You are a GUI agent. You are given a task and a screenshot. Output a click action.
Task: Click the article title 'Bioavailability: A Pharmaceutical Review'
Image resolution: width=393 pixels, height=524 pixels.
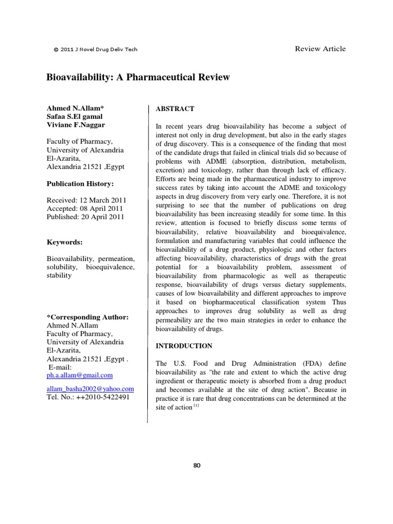tap(138, 77)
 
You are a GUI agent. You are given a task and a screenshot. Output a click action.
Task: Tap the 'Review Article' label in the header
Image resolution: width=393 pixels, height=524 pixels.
tap(320, 49)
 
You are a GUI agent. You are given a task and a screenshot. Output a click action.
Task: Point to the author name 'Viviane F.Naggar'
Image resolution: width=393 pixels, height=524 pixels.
tap(77, 125)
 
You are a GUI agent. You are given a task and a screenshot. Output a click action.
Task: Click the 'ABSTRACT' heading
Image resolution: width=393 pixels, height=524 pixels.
tap(175, 108)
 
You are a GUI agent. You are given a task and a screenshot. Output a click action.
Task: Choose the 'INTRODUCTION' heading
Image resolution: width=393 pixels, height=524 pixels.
tap(184, 346)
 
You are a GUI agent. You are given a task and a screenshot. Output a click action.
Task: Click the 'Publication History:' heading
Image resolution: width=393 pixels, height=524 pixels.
tap(80, 183)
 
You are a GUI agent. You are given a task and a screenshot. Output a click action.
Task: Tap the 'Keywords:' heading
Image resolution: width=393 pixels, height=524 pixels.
tap(65, 242)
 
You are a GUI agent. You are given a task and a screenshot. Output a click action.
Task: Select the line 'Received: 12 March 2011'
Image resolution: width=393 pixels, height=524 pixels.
tap(86, 200)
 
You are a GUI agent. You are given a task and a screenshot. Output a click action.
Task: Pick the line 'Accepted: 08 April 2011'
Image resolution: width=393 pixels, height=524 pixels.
tap(85, 208)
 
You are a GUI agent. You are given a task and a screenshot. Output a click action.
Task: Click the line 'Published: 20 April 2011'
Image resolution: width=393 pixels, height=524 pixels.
tap(86, 217)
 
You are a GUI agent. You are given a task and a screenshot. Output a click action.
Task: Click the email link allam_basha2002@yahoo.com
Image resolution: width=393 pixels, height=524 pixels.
tap(91, 389)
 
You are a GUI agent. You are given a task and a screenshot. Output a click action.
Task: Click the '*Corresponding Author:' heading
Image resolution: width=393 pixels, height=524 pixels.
tap(88, 317)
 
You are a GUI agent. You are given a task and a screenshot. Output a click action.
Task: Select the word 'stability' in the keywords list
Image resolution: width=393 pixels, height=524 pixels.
tap(59, 275)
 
